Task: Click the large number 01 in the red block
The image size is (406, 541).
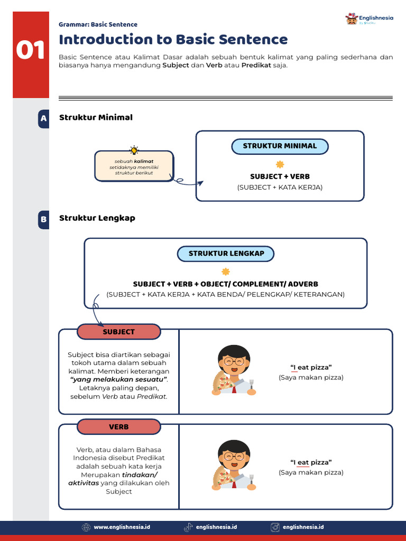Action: (31, 51)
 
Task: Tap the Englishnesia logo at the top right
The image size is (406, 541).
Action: (369, 20)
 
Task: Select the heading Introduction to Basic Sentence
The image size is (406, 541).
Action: (173, 40)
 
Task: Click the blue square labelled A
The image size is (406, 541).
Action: (43, 118)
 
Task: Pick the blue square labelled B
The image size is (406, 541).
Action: (43, 219)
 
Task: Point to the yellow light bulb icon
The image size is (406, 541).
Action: (134, 150)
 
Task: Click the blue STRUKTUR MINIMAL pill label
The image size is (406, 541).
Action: (280, 146)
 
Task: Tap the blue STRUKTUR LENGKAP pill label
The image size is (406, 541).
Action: (226, 254)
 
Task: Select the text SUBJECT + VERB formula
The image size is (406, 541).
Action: (280, 176)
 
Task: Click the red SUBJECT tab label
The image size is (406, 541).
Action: (118, 332)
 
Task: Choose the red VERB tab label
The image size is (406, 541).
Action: (118, 427)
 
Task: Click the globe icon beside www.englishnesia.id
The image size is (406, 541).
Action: (86, 527)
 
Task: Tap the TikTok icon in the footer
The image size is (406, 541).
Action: (188, 527)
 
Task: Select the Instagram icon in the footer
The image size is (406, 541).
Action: (275, 527)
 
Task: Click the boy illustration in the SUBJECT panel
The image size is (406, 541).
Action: (234, 370)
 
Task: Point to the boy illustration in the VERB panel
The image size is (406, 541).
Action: (234, 465)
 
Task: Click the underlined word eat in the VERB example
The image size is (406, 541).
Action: (303, 462)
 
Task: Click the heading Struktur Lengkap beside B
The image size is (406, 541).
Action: (97, 218)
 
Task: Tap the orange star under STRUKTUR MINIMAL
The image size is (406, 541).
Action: (280, 164)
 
